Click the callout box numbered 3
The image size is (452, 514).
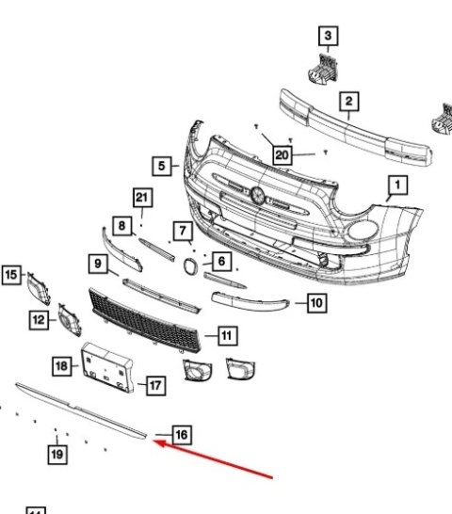[x=328, y=37]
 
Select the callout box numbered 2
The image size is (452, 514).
[x=347, y=101]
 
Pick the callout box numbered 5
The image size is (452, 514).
[x=162, y=166]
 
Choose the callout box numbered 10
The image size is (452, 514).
[x=316, y=303]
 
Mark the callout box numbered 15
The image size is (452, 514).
[x=11, y=275]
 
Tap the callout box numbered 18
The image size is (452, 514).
[x=61, y=364]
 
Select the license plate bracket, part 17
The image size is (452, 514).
[x=109, y=367]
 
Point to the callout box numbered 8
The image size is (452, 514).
[x=121, y=225]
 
